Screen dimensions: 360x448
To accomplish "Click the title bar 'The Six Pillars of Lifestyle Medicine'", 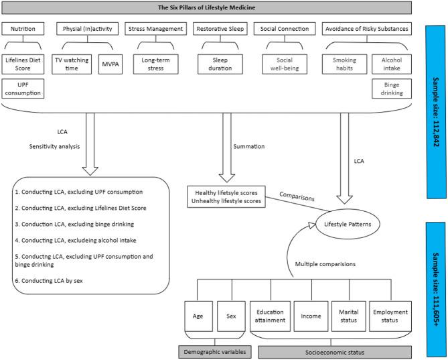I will (x=206, y=8).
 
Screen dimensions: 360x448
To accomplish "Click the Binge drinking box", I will (x=390, y=88).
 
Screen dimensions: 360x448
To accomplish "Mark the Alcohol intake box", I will (x=390, y=64).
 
